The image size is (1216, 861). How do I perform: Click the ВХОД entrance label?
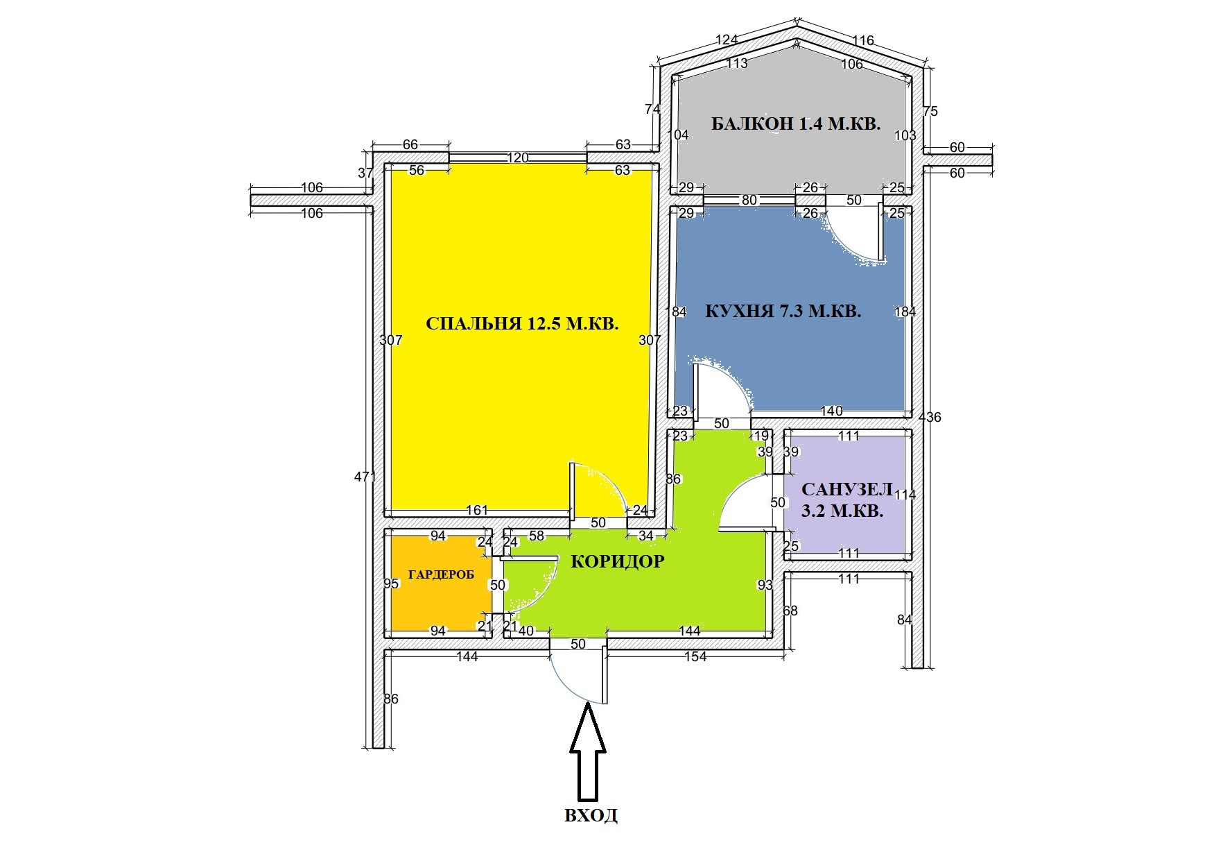click(591, 815)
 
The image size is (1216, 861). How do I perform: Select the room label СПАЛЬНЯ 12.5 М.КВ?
click(521, 324)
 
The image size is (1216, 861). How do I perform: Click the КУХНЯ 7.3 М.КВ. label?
click(783, 311)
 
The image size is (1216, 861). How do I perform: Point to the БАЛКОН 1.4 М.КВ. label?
click(795, 125)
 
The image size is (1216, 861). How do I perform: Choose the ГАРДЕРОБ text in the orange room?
click(441, 575)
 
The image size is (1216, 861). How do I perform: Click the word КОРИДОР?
click(617, 562)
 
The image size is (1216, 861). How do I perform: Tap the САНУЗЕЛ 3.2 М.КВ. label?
click(844, 500)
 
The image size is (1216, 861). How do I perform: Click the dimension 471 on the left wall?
click(365, 477)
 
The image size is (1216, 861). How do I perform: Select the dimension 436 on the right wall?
click(930, 417)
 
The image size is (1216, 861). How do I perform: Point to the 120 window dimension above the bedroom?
click(517, 157)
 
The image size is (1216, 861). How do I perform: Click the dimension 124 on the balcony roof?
click(726, 40)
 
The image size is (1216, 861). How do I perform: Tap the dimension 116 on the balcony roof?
click(863, 40)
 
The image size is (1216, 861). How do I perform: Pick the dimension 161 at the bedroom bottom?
click(477, 511)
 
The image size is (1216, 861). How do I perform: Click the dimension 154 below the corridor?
click(695, 656)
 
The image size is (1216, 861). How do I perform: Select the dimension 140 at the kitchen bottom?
click(831, 411)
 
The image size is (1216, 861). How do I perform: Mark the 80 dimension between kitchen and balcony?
click(749, 200)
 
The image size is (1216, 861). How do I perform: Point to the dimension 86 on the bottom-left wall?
click(391, 699)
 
